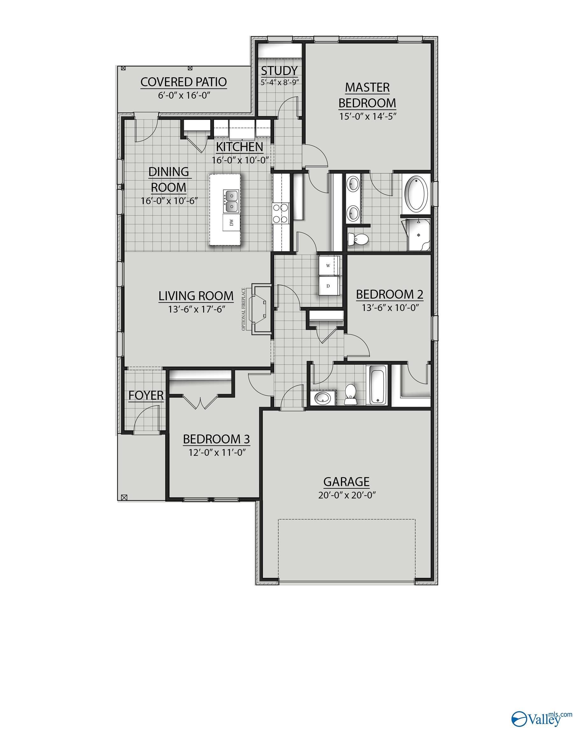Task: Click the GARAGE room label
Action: coord(346,481)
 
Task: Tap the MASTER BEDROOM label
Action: coord(367,95)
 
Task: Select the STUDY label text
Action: coord(279,71)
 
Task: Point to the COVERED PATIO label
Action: coord(183,82)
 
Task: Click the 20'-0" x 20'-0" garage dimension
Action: coord(347,495)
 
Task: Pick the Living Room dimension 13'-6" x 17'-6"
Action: coord(196,309)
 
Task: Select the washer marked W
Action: coord(328,265)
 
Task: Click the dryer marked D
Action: coord(328,286)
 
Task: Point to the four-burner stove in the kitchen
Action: coord(281,213)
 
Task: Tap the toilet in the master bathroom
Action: coord(358,239)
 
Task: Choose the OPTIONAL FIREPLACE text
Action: coord(243,309)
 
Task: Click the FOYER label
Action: coord(146,395)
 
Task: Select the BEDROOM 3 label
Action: coord(216,439)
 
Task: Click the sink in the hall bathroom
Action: coord(323,398)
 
